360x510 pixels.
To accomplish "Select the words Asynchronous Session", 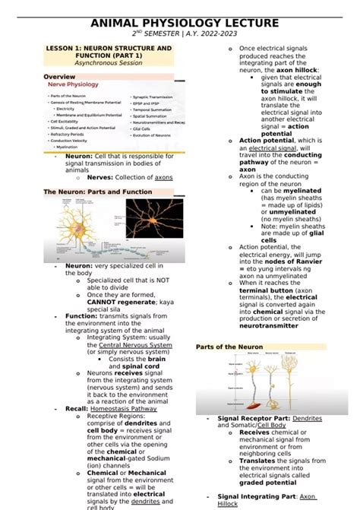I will (109, 63).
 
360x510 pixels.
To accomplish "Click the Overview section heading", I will (59, 77).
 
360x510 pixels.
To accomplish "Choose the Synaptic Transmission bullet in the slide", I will (156, 97).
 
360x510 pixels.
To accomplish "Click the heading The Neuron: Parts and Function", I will (98, 192).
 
